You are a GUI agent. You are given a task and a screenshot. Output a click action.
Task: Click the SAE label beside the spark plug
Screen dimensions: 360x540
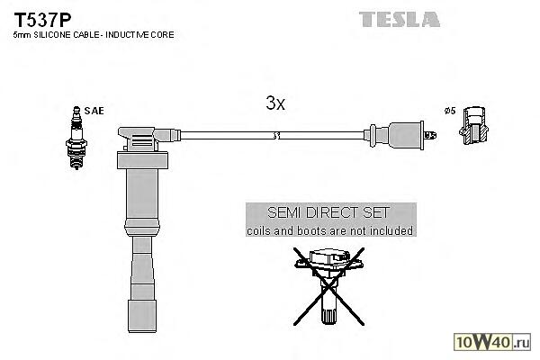coord(95,110)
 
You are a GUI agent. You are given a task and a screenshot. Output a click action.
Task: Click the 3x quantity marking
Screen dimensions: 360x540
coord(275,103)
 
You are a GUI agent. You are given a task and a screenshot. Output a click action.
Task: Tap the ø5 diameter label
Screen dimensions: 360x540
coord(450,110)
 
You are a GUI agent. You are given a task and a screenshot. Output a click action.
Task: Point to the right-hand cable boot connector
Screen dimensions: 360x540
coord(400,136)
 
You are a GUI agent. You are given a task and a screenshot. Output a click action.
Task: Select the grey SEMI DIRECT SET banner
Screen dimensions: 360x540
coord(330,221)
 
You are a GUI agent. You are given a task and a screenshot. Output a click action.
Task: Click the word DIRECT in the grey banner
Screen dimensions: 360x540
coord(330,214)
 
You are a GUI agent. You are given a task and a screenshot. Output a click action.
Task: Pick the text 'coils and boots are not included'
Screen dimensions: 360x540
coord(330,231)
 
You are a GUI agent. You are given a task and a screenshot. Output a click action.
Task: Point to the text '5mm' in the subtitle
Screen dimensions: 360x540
coord(22,35)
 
